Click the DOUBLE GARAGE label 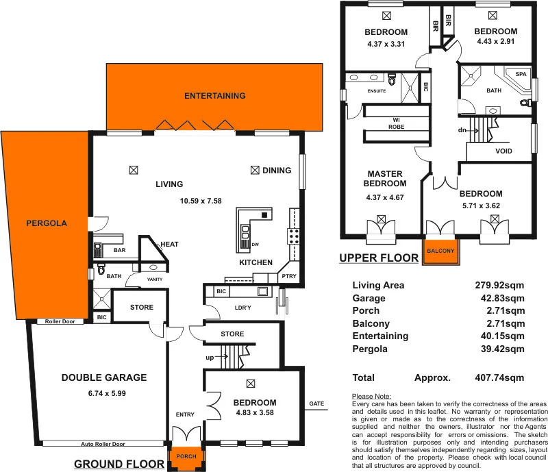coord(104,377)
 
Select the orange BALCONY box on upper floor coord(440,251)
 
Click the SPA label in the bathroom coord(521,74)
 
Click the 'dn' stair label coord(463,129)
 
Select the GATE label coord(316,403)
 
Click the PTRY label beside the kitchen coord(288,276)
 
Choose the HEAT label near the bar coord(169,244)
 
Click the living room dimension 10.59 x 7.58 coord(200,201)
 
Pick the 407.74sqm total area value coord(500,377)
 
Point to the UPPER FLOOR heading coord(379,258)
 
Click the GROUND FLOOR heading coord(119,464)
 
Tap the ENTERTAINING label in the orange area coord(214,96)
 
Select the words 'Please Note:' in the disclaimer coord(371,397)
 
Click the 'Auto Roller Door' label coord(105,444)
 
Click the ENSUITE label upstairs coord(377,90)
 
